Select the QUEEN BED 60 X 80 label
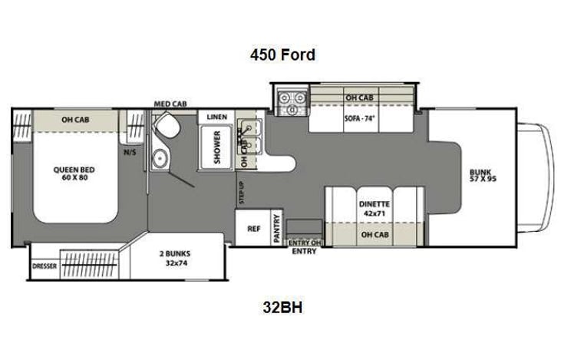[x=73, y=172]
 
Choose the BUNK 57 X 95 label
[x=484, y=174]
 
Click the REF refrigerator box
[x=253, y=229]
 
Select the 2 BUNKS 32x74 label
[x=175, y=258]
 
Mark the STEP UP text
[x=242, y=189]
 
